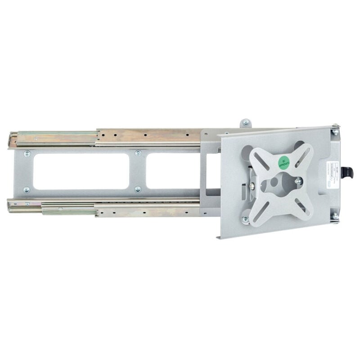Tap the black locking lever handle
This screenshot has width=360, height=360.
pos(347,172)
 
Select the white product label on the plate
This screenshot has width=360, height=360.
pos(327,173)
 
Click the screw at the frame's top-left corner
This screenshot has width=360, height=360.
pos(27,153)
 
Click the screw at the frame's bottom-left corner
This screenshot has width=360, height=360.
pos(27,189)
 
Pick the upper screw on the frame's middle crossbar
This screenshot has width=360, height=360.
pos(138,153)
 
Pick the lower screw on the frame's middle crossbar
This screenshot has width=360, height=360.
pos(138,189)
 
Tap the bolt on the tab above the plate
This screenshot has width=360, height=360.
pos(245,122)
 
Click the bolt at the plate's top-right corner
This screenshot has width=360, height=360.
pos(335,132)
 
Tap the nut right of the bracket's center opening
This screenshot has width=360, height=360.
pos(297,181)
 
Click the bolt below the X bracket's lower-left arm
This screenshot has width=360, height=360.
pos(245,219)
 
